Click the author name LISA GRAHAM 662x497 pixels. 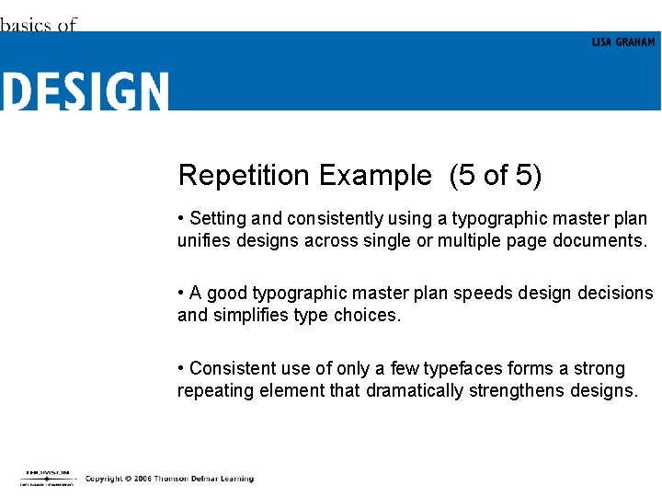622,42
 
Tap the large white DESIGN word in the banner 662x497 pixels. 86,92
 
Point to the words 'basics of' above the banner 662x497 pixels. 39,25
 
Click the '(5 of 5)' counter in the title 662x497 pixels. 495,175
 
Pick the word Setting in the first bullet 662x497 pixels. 218,219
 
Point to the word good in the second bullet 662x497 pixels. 227,294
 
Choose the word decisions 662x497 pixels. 615,294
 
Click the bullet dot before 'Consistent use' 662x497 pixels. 182,369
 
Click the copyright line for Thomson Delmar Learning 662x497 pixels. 169,479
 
